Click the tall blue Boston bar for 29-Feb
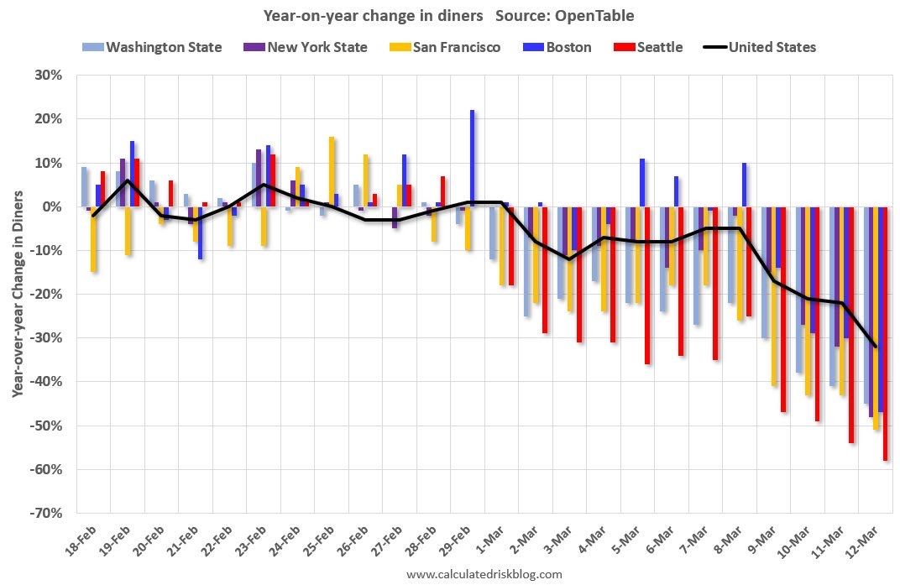[473, 158]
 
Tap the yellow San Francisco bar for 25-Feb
[332, 171]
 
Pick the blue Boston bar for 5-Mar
[642, 182]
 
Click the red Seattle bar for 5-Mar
[647, 285]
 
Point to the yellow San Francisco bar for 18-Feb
[93, 239]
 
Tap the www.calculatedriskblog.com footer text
[484, 574]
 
